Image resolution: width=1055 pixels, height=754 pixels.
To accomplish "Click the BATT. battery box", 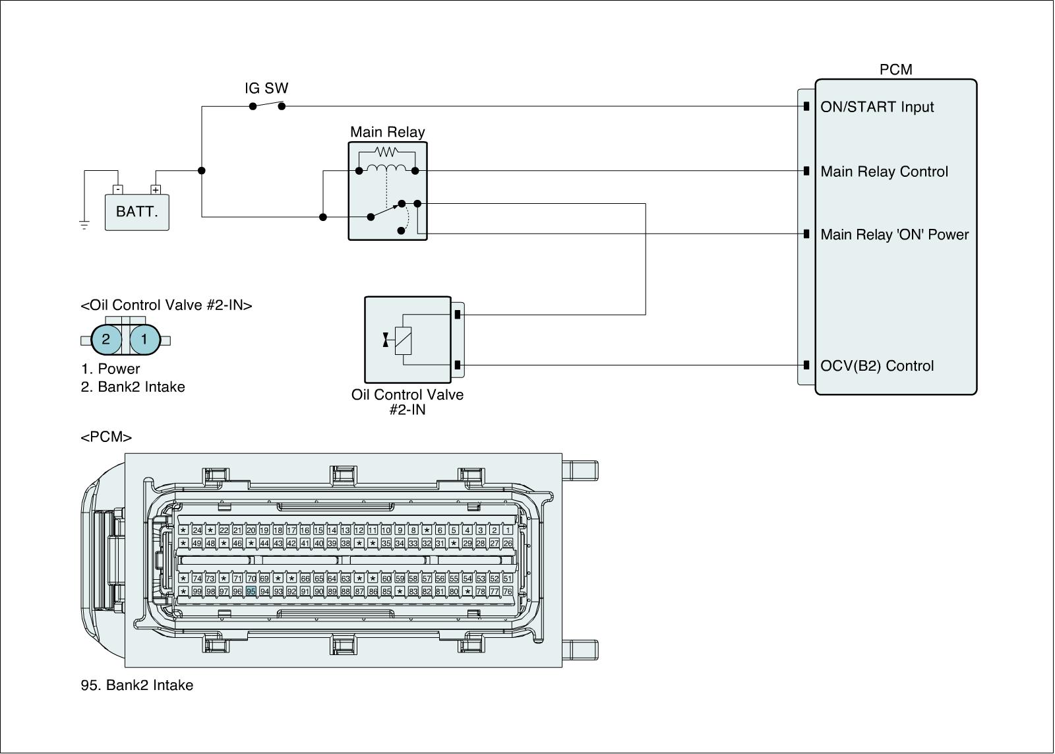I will [x=137, y=212].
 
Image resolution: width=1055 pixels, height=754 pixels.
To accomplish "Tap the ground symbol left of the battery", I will [x=84, y=225].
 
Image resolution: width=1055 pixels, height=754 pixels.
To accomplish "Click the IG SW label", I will [x=266, y=88].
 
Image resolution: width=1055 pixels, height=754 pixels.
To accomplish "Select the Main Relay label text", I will [x=387, y=132].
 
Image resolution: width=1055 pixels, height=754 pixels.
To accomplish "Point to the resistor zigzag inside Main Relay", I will [x=386, y=152].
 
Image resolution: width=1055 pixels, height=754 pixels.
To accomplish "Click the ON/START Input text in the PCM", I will [x=877, y=107].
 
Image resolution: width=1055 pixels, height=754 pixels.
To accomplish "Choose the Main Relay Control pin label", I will [x=884, y=172].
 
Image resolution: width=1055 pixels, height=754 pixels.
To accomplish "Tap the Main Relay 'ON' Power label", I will [x=895, y=235].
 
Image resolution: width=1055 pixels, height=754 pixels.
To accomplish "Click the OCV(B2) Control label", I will [x=877, y=366].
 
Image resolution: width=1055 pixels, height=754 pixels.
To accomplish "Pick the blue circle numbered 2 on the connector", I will [x=106, y=340].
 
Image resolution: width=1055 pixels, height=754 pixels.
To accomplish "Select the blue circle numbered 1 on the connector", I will [x=144, y=340].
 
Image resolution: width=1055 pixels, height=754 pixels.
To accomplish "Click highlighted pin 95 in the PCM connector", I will [x=251, y=592].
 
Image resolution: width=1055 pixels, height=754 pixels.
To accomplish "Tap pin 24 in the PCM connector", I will [x=196, y=530].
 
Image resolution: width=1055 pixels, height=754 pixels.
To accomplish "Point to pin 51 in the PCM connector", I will [x=507, y=579].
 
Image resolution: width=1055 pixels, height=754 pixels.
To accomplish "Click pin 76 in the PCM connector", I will [x=507, y=592].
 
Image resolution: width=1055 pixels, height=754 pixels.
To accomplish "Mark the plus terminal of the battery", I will [x=156, y=190].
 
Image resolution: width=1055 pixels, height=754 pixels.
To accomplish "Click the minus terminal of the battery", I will [x=117, y=190].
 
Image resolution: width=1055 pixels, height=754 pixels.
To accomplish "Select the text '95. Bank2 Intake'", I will [x=137, y=685].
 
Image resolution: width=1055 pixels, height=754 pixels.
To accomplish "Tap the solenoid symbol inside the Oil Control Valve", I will [x=403, y=341].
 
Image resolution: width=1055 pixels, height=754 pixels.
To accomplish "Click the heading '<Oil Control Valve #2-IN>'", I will [x=166, y=305].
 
